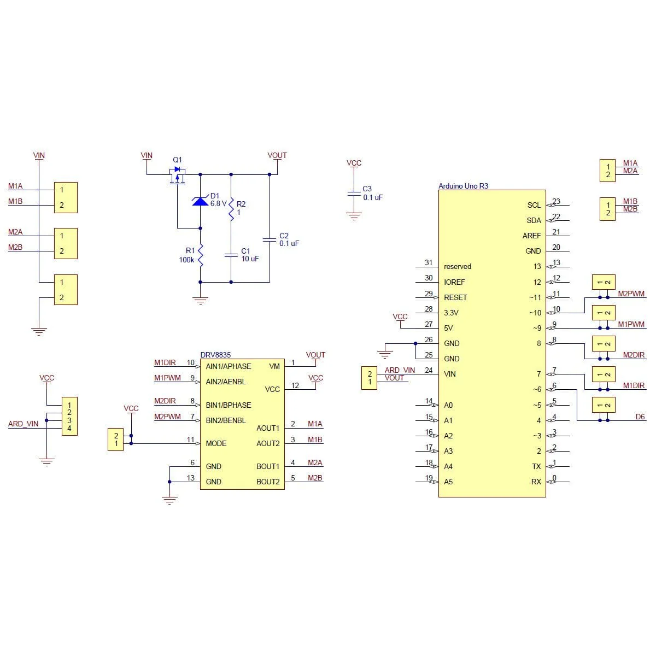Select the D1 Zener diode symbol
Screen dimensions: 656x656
coord(200,201)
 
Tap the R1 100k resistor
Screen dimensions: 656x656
coord(200,255)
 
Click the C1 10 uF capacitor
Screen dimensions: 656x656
coord(231,255)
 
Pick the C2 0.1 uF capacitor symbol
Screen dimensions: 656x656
coord(270,239)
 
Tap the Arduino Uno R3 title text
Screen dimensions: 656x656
coord(463,186)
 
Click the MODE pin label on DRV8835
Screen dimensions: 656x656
coord(216,443)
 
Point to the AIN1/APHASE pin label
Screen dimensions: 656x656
coord(228,366)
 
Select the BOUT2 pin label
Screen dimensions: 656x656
coord(268,482)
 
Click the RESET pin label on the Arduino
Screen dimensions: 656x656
coord(455,297)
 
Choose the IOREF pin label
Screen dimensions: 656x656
coord(454,282)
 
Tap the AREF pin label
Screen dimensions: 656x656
coord(531,236)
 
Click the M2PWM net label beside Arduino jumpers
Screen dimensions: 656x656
coord(631,294)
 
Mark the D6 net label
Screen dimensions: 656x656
coord(640,417)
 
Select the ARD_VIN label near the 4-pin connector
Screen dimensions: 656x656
coord(23,424)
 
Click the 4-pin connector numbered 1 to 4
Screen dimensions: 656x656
coord(69,416)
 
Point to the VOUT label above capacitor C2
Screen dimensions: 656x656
coord(277,155)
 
